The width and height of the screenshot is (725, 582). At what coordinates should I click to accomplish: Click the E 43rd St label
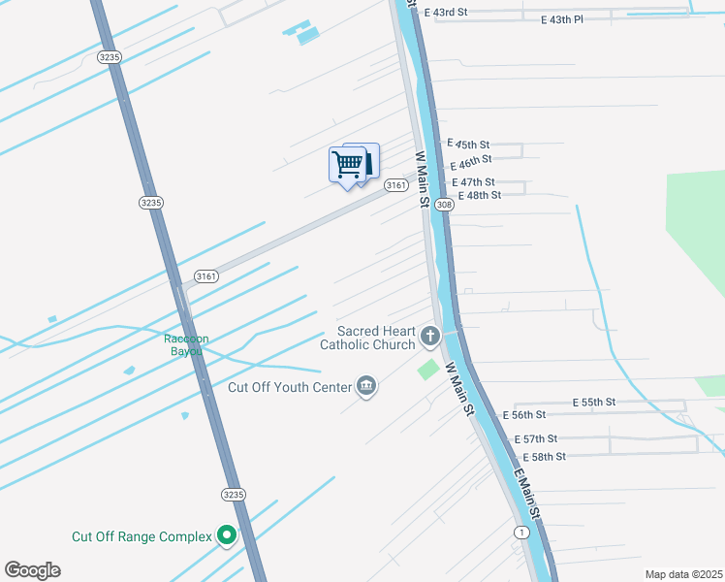(x=445, y=13)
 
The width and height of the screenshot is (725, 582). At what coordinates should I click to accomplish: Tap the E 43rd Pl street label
(x=564, y=18)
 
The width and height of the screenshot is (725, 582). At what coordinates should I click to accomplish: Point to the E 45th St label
(x=468, y=142)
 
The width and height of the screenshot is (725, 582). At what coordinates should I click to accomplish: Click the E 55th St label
(x=594, y=402)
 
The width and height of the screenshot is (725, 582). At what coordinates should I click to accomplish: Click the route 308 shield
(x=444, y=205)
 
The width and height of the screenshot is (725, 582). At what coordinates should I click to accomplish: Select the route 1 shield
(x=522, y=532)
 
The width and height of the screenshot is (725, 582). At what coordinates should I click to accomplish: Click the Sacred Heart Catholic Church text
(x=377, y=338)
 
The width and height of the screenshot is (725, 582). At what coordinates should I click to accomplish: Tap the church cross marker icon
(x=430, y=338)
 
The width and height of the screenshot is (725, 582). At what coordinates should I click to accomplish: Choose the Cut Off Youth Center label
(x=289, y=387)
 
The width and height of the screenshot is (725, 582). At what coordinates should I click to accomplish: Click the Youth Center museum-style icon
(x=366, y=387)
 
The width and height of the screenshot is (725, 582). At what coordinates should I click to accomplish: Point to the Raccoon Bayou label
(x=186, y=344)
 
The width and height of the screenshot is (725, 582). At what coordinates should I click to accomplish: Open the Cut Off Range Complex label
(x=142, y=535)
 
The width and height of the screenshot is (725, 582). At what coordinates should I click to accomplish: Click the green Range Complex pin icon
(x=227, y=534)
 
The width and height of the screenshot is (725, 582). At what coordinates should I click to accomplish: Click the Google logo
(x=32, y=570)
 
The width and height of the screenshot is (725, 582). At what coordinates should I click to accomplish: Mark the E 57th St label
(x=536, y=439)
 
